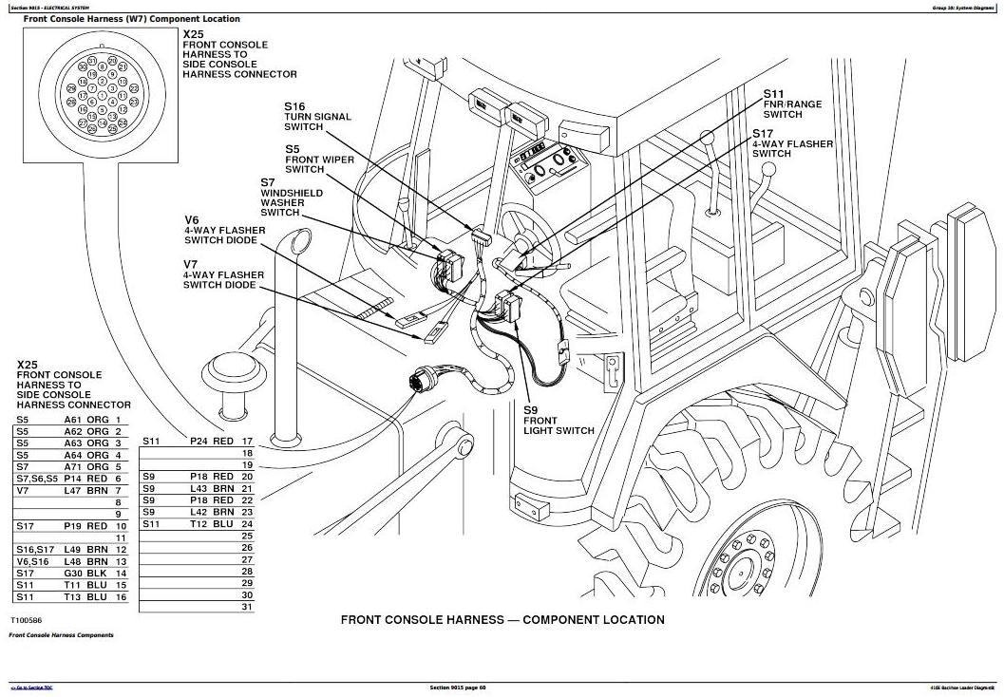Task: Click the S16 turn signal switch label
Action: [x=317, y=117]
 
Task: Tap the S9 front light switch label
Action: [x=559, y=421]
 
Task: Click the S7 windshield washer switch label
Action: [x=292, y=197]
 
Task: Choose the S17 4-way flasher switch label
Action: [x=792, y=143]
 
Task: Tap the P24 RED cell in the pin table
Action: [x=211, y=442]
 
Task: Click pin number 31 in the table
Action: [x=247, y=607]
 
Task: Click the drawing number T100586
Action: [x=28, y=620]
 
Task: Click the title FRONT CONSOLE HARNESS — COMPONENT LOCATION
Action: [x=502, y=620]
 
